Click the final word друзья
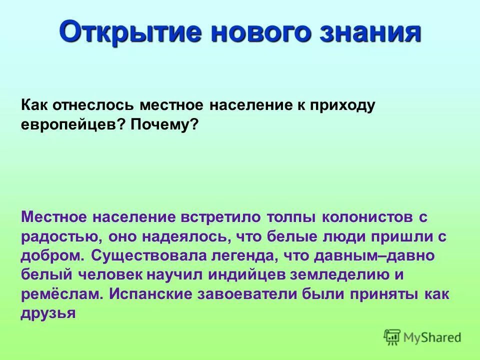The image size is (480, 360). tap(48, 312)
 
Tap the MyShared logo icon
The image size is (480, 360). tap(392, 336)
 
